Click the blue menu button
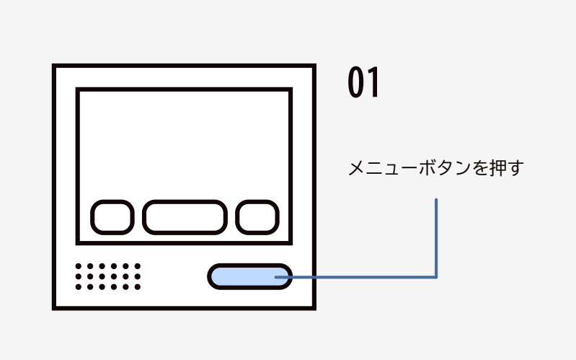[249, 276]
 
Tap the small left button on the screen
[112, 217]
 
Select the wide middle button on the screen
[185, 217]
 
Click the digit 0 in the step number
[355, 84]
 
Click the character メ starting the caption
[356, 170]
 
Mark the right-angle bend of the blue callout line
[436, 276]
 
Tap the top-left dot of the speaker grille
[79, 266]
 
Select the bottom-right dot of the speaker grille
[138, 286]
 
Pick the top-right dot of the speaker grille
[138, 266]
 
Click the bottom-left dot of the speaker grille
[79, 286]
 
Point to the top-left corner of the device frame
[55, 67]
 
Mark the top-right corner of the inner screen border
[290, 90]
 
